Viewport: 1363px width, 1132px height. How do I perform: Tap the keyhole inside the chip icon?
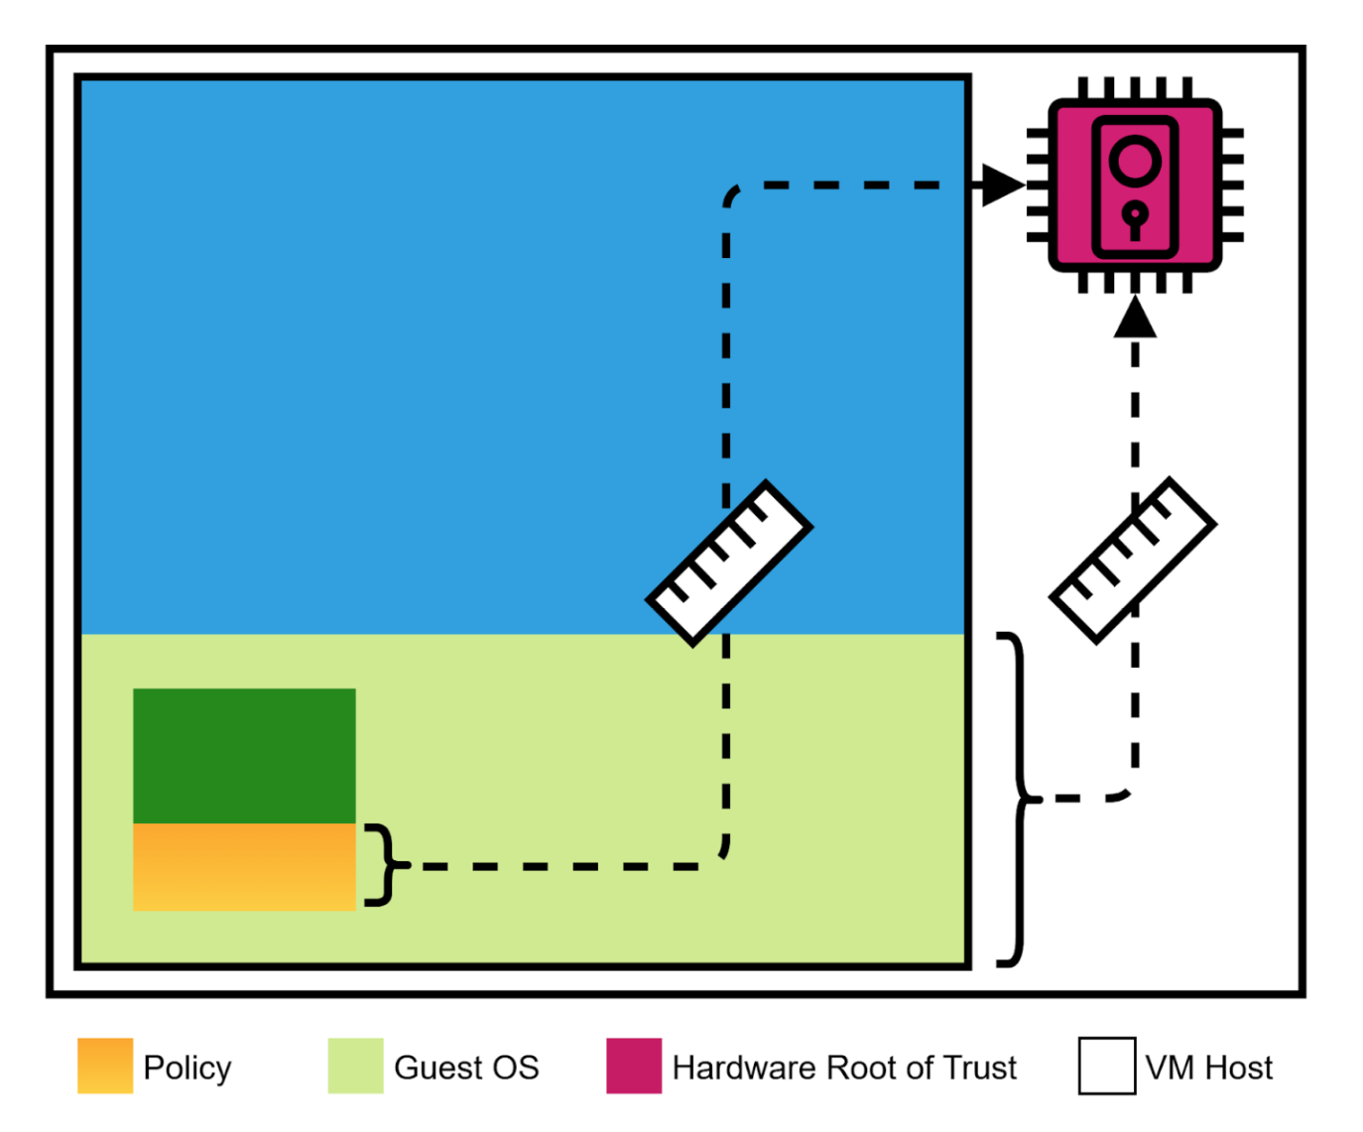pyautogui.click(x=1135, y=218)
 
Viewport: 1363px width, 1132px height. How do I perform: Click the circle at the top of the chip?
pyautogui.click(x=1135, y=161)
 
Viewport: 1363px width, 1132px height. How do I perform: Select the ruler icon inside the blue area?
pyautogui.click(x=729, y=563)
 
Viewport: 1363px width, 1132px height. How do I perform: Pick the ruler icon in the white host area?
pyautogui.click(x=1133, y=561)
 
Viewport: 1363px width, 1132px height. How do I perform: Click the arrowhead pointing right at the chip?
pyautogui.click(x=1002, y=185)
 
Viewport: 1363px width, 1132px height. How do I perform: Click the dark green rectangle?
pyautogui.click(x=244, y=755)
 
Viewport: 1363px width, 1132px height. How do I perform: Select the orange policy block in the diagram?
pyautogui.click(x=244, y=866)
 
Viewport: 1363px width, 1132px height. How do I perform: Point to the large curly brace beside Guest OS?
pyautogui.click(x=1014, y=799)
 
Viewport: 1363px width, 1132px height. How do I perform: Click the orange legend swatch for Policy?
pyautogui.click(x=105, y=1067)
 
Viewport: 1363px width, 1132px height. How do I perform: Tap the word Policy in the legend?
pyautogui.click(x=187, y=1068)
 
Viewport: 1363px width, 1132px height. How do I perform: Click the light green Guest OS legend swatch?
pyautogui.click(x=355, y=1067)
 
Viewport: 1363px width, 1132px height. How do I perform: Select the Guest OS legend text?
pyautogui.click(x=466, y=1068)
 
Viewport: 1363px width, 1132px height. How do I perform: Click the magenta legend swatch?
pyautogui.click(x=634, y=1067)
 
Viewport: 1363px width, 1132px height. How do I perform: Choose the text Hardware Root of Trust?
pyautogui.click(x=844, y=1068)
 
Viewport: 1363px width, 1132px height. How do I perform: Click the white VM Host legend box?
pyautogui.click(x=1107, y=1067)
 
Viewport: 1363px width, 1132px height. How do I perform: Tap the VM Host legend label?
pyautogui.click(x=1208, y=1068)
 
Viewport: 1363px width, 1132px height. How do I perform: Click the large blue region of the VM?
pyautogui.click(x=397, y=347)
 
